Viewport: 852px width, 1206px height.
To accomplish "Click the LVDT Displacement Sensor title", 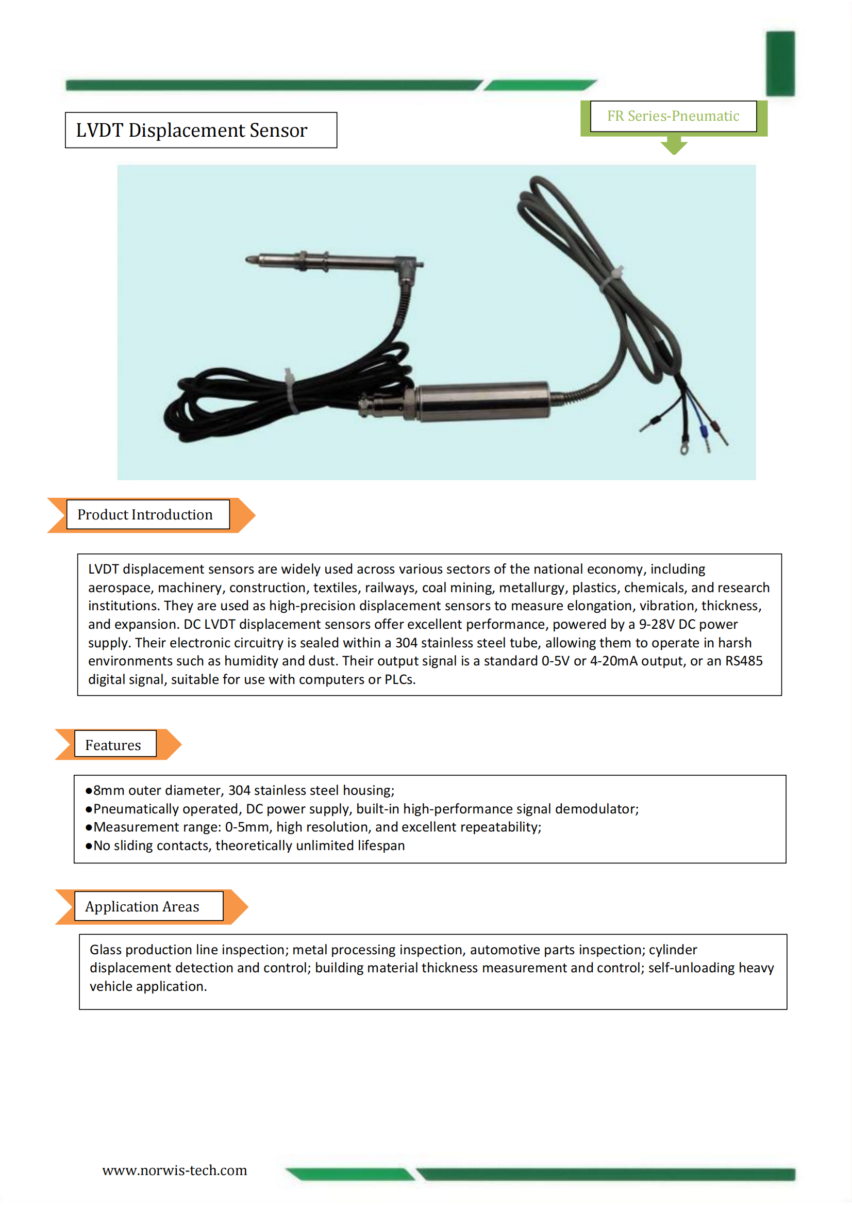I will [192, 131].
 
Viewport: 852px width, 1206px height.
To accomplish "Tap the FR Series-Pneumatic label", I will [673, 116].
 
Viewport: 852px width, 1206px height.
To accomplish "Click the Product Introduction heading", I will [145, 515].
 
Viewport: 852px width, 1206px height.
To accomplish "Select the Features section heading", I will [113, 745].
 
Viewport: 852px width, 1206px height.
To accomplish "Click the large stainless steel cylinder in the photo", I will [483, 402].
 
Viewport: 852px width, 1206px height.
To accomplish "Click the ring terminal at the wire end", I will [683, 450].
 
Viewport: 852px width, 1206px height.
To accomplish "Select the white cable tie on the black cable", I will [290, 392].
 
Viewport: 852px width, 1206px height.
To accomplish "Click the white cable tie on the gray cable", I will [612, 279].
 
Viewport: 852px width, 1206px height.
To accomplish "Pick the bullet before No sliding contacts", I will [89, 845].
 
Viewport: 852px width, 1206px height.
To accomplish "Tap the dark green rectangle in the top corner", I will [780, 63].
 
